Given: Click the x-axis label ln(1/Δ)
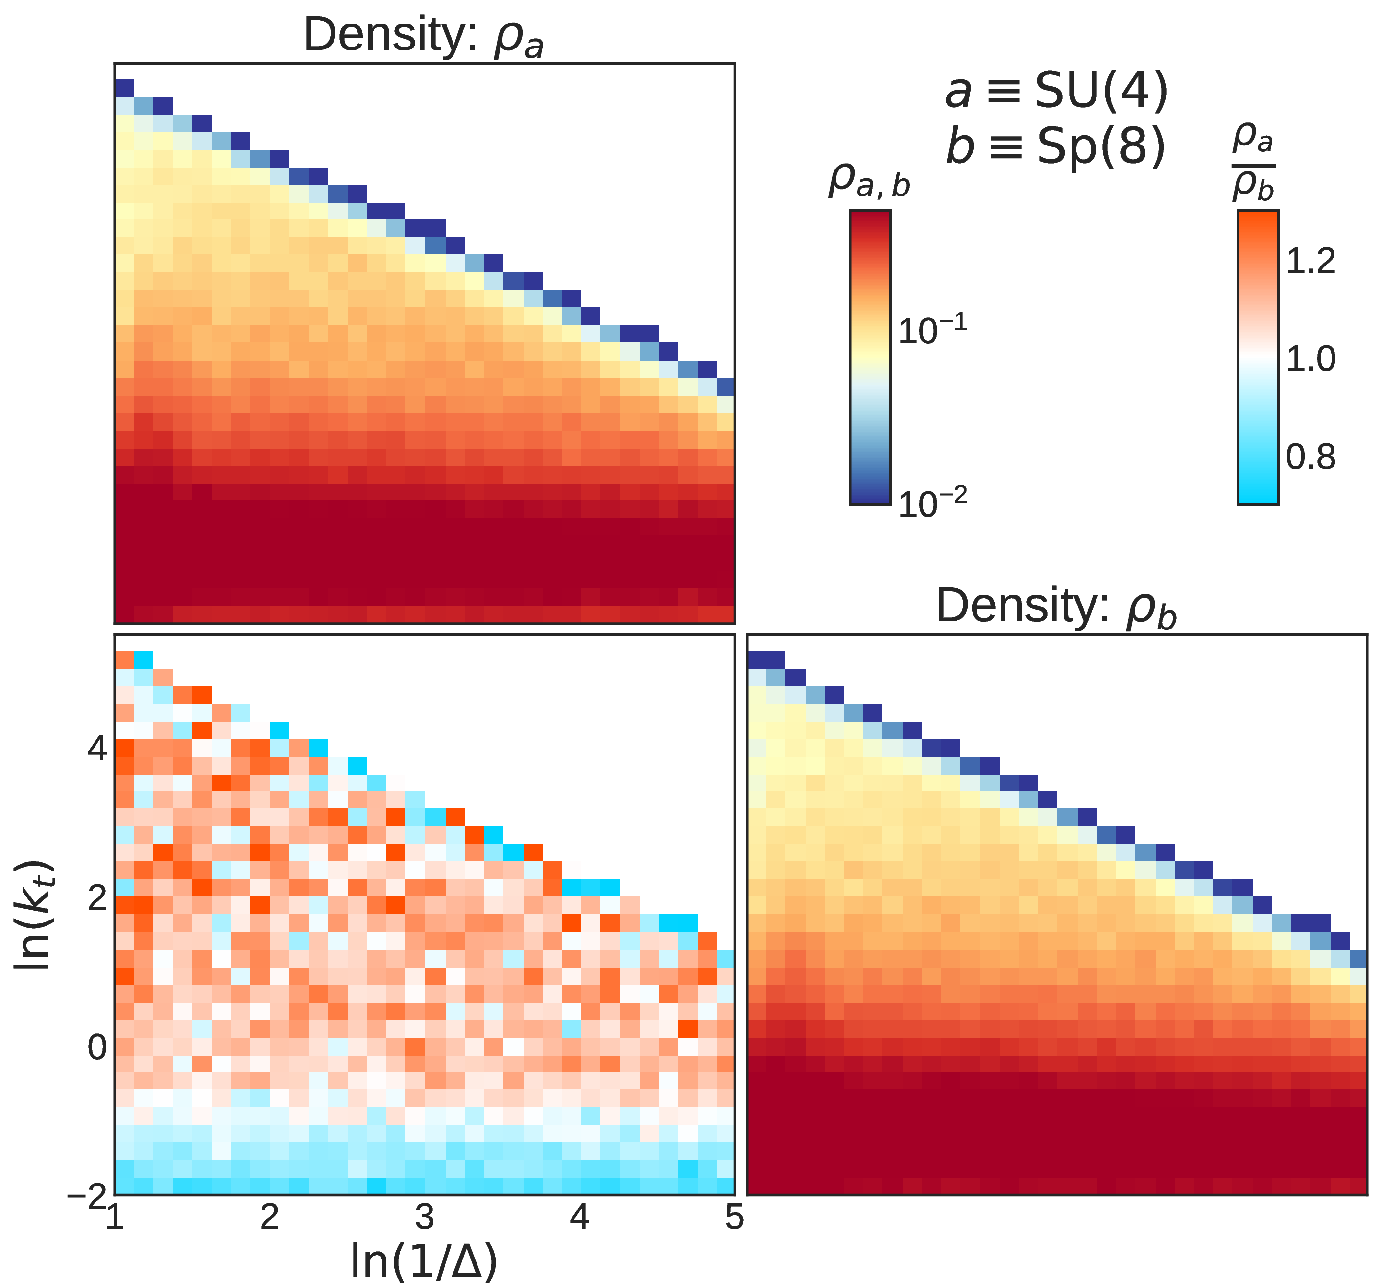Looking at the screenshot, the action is (x=424, y=1260).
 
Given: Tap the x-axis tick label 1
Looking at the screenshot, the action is (x=115, y=1217).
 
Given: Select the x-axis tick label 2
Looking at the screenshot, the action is (x=269, y=1217).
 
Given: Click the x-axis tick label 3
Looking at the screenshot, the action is (x=424, y=1217).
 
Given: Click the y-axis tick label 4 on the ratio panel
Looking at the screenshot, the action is (x=97, y=749).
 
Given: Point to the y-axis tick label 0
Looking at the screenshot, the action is (x=97, y=1047).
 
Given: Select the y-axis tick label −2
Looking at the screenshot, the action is (x=87, y=1195).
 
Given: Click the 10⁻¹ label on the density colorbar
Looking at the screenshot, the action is (x=932, y=329).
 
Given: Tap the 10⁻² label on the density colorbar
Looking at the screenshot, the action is (x=932, y=502).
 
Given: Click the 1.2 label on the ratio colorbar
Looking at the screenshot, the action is (x=1311, y=261).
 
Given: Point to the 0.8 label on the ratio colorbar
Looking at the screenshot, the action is (x=1311, y=457).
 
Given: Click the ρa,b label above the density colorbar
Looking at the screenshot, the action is (x=869, y=181).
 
